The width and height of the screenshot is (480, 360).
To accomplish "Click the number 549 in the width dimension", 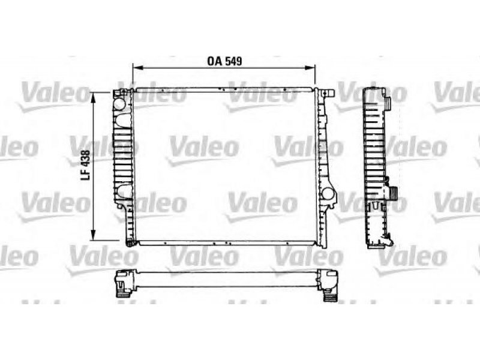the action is pos(233,61).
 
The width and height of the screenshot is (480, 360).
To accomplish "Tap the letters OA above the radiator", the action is pos(215,61).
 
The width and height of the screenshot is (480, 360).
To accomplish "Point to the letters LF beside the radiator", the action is pos(86,175).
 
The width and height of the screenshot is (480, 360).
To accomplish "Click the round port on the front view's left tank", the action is pos(119,104).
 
